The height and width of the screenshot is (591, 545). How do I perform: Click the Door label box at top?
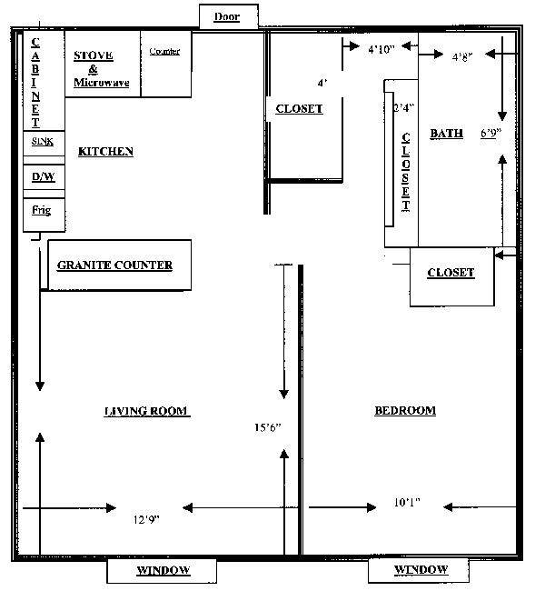pyautogui.click(x=227, y=16)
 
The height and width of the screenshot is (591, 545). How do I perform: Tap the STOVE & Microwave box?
pyautogui.click(x=102, y=68)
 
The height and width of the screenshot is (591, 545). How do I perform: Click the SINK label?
pyautogui.click(x=42, y=142)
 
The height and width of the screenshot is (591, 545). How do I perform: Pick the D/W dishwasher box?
pyautogui.click(x=42, y=176)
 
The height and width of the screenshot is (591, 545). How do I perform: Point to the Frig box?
pyautogui.click(x=42, y=211)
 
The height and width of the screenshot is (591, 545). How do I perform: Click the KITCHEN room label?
pyautogui.click(x=105, y=152)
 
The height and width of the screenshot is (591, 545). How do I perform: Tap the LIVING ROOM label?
pyautogui.click(x=145, y=411)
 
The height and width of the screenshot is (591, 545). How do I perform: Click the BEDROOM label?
pyautogui.click(x=405, y=410)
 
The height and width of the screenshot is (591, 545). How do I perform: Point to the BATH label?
pyautogui.click(x=446, y=134)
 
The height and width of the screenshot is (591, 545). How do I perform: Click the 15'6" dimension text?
pyautogui.click(x=268, y=426)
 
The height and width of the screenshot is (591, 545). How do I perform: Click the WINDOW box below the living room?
pyautogui.click(x=163, y=570)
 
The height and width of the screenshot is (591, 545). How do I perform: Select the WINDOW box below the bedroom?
pyautogui.click(x=421, y=569)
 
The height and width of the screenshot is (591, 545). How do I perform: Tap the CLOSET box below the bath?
pyautogui.click(x=451, y=273)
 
